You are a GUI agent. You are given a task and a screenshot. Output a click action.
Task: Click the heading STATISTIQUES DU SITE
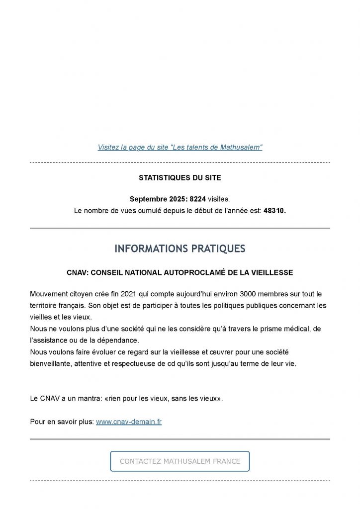coord(180,177)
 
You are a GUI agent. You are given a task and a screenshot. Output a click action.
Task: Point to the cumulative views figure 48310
coord(274,210)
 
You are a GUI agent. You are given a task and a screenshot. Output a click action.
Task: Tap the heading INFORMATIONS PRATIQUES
coord(180,249)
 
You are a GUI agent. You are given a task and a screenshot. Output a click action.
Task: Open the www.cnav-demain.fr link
coord(128,422)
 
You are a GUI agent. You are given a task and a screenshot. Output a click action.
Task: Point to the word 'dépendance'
coord(118,340)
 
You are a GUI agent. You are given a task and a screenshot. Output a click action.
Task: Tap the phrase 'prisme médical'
coord(280,329)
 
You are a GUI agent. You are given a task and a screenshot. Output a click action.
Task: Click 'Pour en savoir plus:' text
coord(62,422)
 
